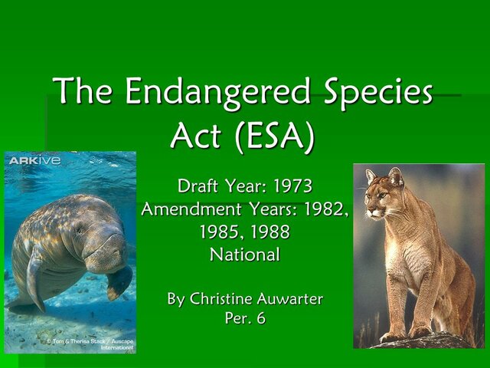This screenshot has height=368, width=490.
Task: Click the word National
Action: [245, 254]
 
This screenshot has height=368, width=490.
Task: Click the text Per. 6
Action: [245, 320]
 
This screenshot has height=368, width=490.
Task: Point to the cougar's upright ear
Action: [396, 177]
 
